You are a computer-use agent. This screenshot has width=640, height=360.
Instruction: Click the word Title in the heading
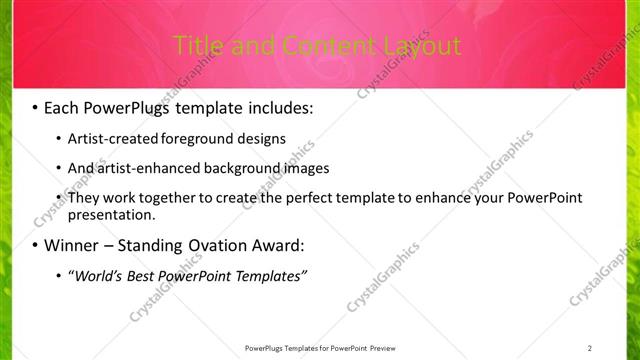point(196,46)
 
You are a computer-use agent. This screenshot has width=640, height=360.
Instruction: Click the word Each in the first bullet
point(62,105)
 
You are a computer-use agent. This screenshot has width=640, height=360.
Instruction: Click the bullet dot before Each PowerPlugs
point(36,105)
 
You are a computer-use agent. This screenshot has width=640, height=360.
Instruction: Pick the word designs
point(254,138)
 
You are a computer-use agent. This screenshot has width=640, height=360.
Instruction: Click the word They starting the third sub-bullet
point(83,198)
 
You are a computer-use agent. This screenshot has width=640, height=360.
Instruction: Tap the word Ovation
point(213,245)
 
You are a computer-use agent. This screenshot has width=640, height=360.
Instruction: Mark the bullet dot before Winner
point(36,245)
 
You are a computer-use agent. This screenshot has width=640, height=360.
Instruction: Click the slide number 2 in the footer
point(590,348)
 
